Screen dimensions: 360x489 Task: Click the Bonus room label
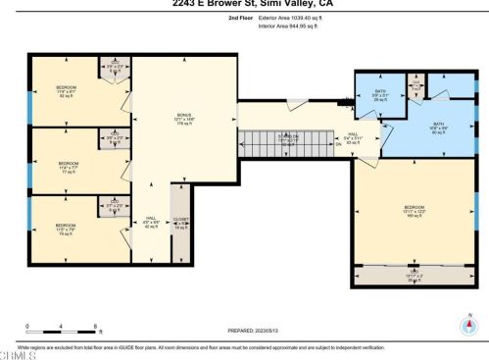pos(184,117)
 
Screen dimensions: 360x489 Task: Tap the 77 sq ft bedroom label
pos(68,166)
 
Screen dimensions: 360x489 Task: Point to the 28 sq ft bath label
pos(380,95)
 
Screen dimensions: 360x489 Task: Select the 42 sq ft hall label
pos(151,222)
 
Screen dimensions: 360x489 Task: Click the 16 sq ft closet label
pos(180,223)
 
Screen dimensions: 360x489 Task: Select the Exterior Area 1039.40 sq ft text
pos(293,18)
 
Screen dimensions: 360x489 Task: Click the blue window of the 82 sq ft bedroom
pos(31,107)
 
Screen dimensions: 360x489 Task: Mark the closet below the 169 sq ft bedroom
pos(414,275)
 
